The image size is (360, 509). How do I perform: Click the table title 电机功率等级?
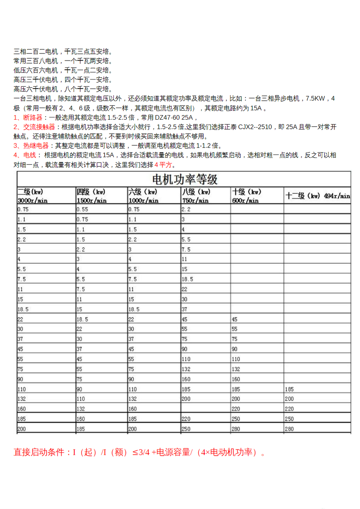185,179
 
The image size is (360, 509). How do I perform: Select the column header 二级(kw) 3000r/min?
32,196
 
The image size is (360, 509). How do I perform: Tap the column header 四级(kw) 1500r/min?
91,196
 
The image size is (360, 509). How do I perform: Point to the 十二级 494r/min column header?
318,196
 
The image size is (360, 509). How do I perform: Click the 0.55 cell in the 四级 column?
82,209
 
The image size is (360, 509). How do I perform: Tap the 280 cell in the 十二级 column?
289,429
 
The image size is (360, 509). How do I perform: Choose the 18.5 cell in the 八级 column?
187,279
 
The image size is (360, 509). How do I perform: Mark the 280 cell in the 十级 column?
236,429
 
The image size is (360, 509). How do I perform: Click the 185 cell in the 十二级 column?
289,389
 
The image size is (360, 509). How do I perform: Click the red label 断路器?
33,118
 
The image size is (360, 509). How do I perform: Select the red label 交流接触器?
39,127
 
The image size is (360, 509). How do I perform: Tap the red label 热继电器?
36,146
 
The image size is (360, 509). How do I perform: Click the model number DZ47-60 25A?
174,118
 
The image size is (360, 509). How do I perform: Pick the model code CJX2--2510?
255,127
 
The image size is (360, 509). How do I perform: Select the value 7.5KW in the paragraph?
315,99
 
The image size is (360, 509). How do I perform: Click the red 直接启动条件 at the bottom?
39,452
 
